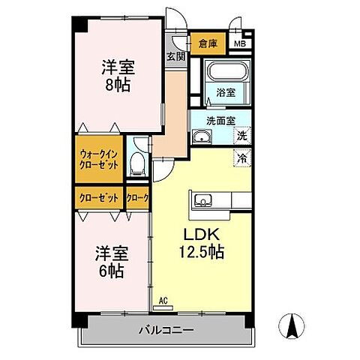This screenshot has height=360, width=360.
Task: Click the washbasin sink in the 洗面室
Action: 200,136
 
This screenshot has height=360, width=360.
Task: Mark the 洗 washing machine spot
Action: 241,136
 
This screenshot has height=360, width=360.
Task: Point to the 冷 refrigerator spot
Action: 241,158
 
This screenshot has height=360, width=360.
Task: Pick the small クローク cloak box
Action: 137,198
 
